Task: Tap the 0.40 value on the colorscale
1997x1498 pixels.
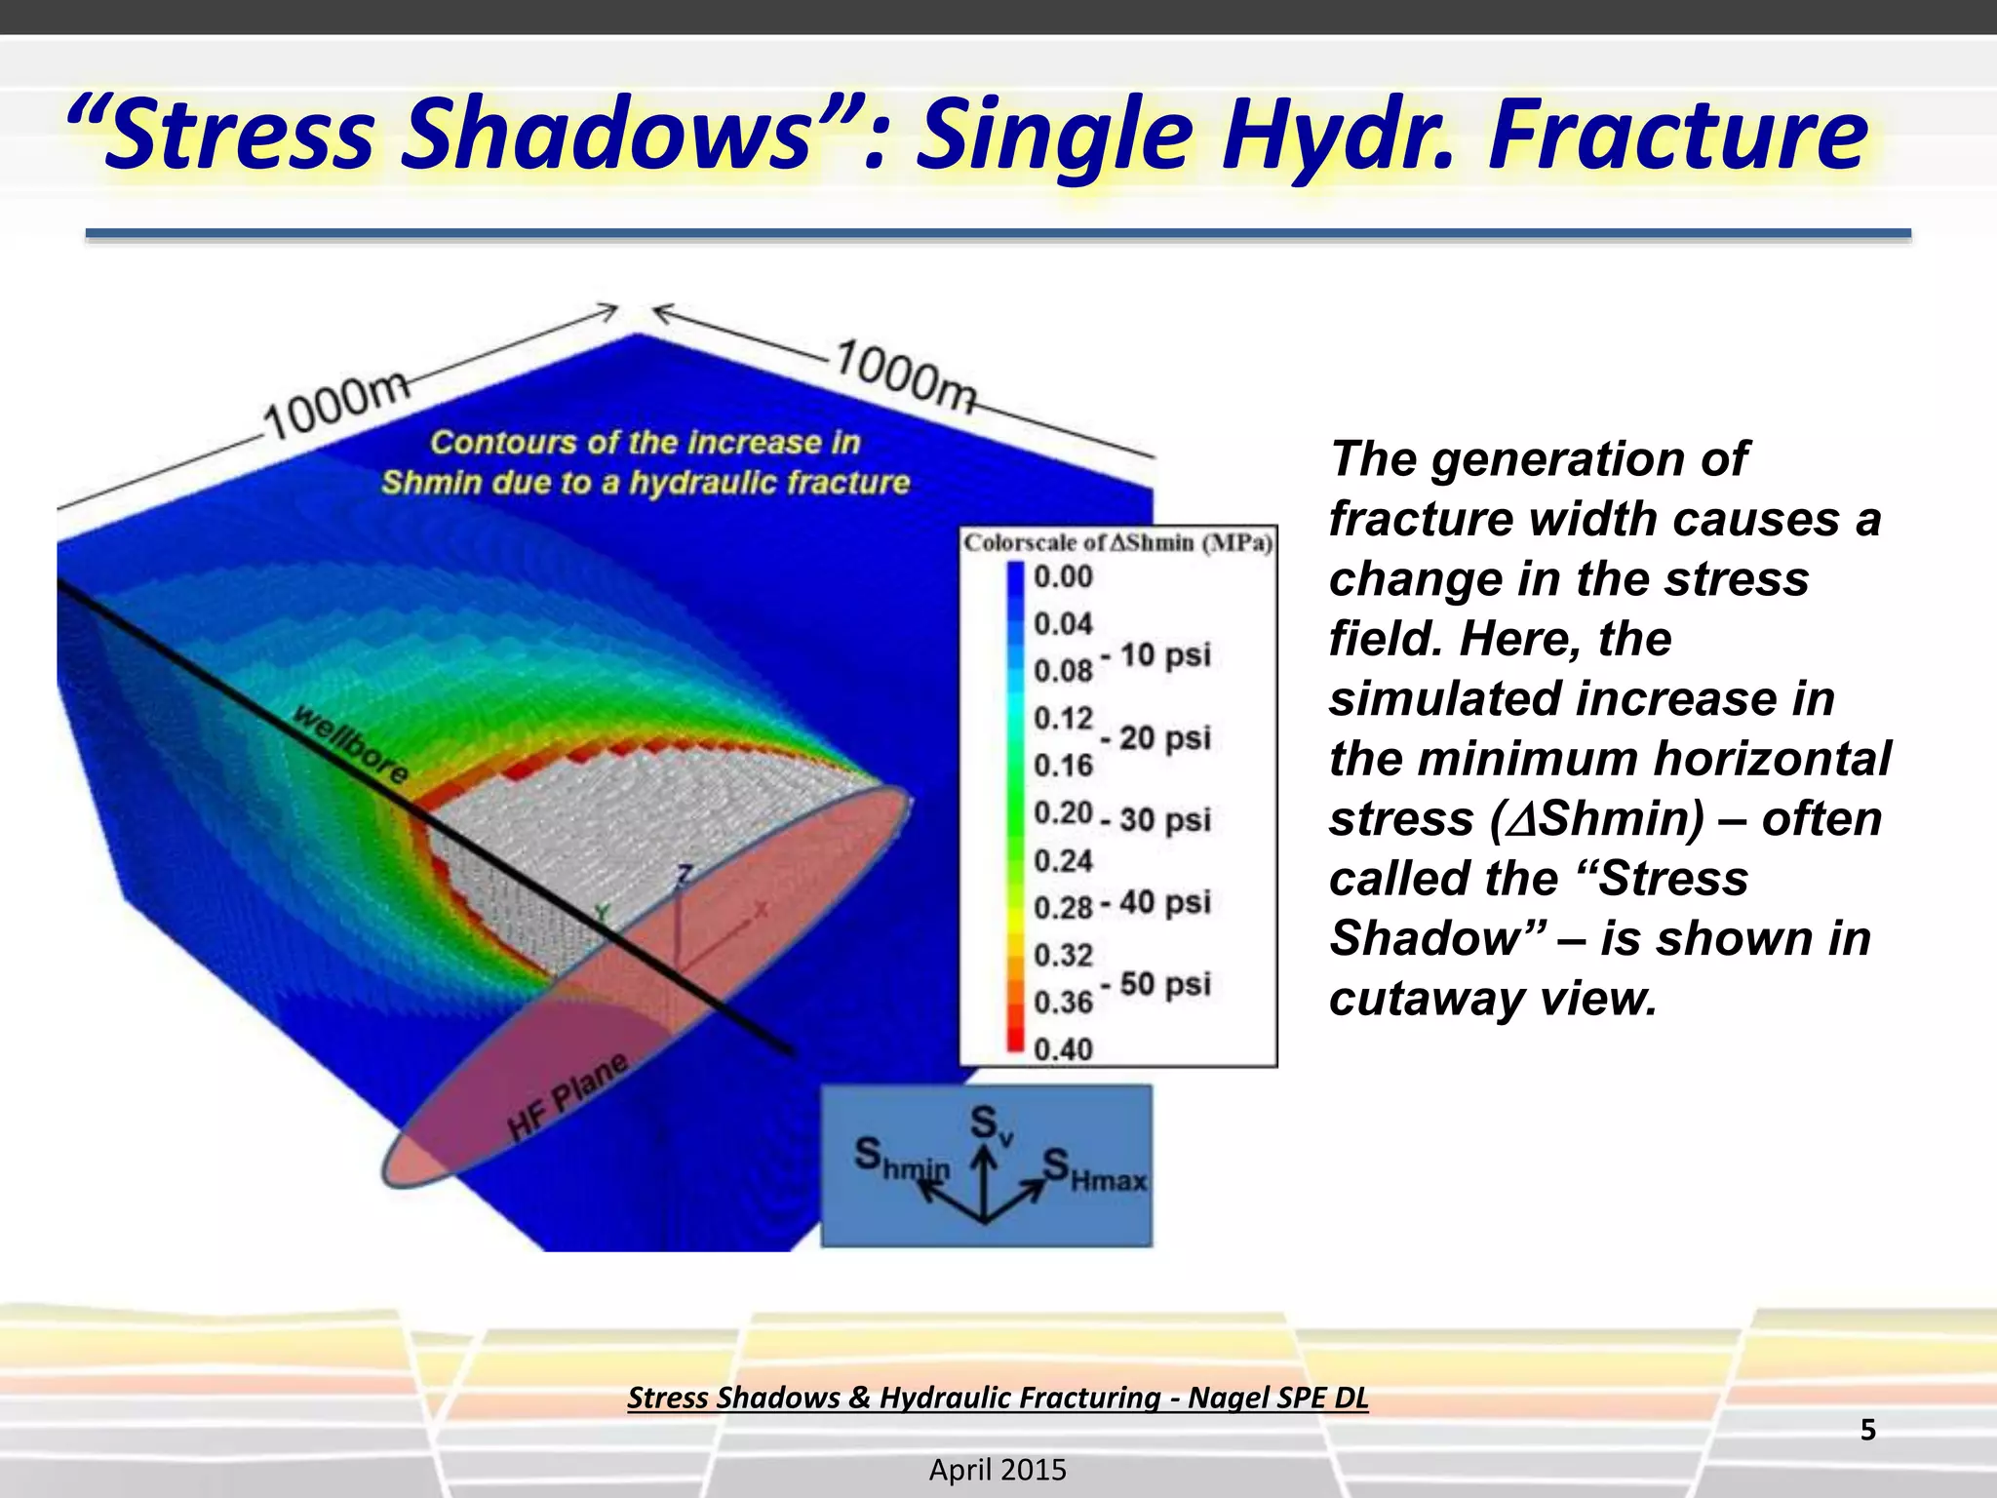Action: [x=1063, y=1049]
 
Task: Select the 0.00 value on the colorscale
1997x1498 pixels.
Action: [x=1063, y=576]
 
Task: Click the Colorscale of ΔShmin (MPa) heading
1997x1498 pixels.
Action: [x=1117, y=543]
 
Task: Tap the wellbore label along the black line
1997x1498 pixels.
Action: [x=352, y=744]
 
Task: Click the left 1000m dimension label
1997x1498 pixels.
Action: [x=336, y=406]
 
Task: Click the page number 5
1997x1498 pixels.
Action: [x=1867, y=1430]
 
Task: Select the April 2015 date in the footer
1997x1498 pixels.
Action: [x=998, y=1470]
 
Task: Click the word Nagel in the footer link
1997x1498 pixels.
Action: [x=1231, y=1398]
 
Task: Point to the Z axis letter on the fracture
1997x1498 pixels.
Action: [x=685, y=874]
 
